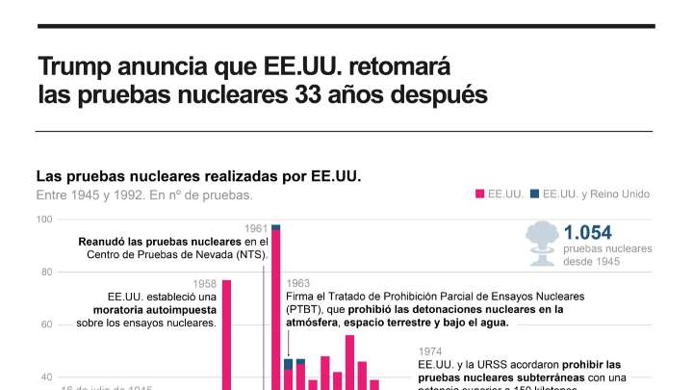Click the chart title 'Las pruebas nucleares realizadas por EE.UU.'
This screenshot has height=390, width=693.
coord(198,176)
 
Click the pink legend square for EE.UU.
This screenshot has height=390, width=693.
coord(479,194)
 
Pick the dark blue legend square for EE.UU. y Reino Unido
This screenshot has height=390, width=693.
coord(534,194)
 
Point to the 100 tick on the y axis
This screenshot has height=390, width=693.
coord(44,220)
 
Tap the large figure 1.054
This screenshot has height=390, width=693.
coord(588,232)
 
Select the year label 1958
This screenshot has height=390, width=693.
coord(204,283)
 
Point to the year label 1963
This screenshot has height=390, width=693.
coord(298,283)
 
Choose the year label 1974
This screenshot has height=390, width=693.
coord(430,352)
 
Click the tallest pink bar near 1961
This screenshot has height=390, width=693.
coord(275,308)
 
